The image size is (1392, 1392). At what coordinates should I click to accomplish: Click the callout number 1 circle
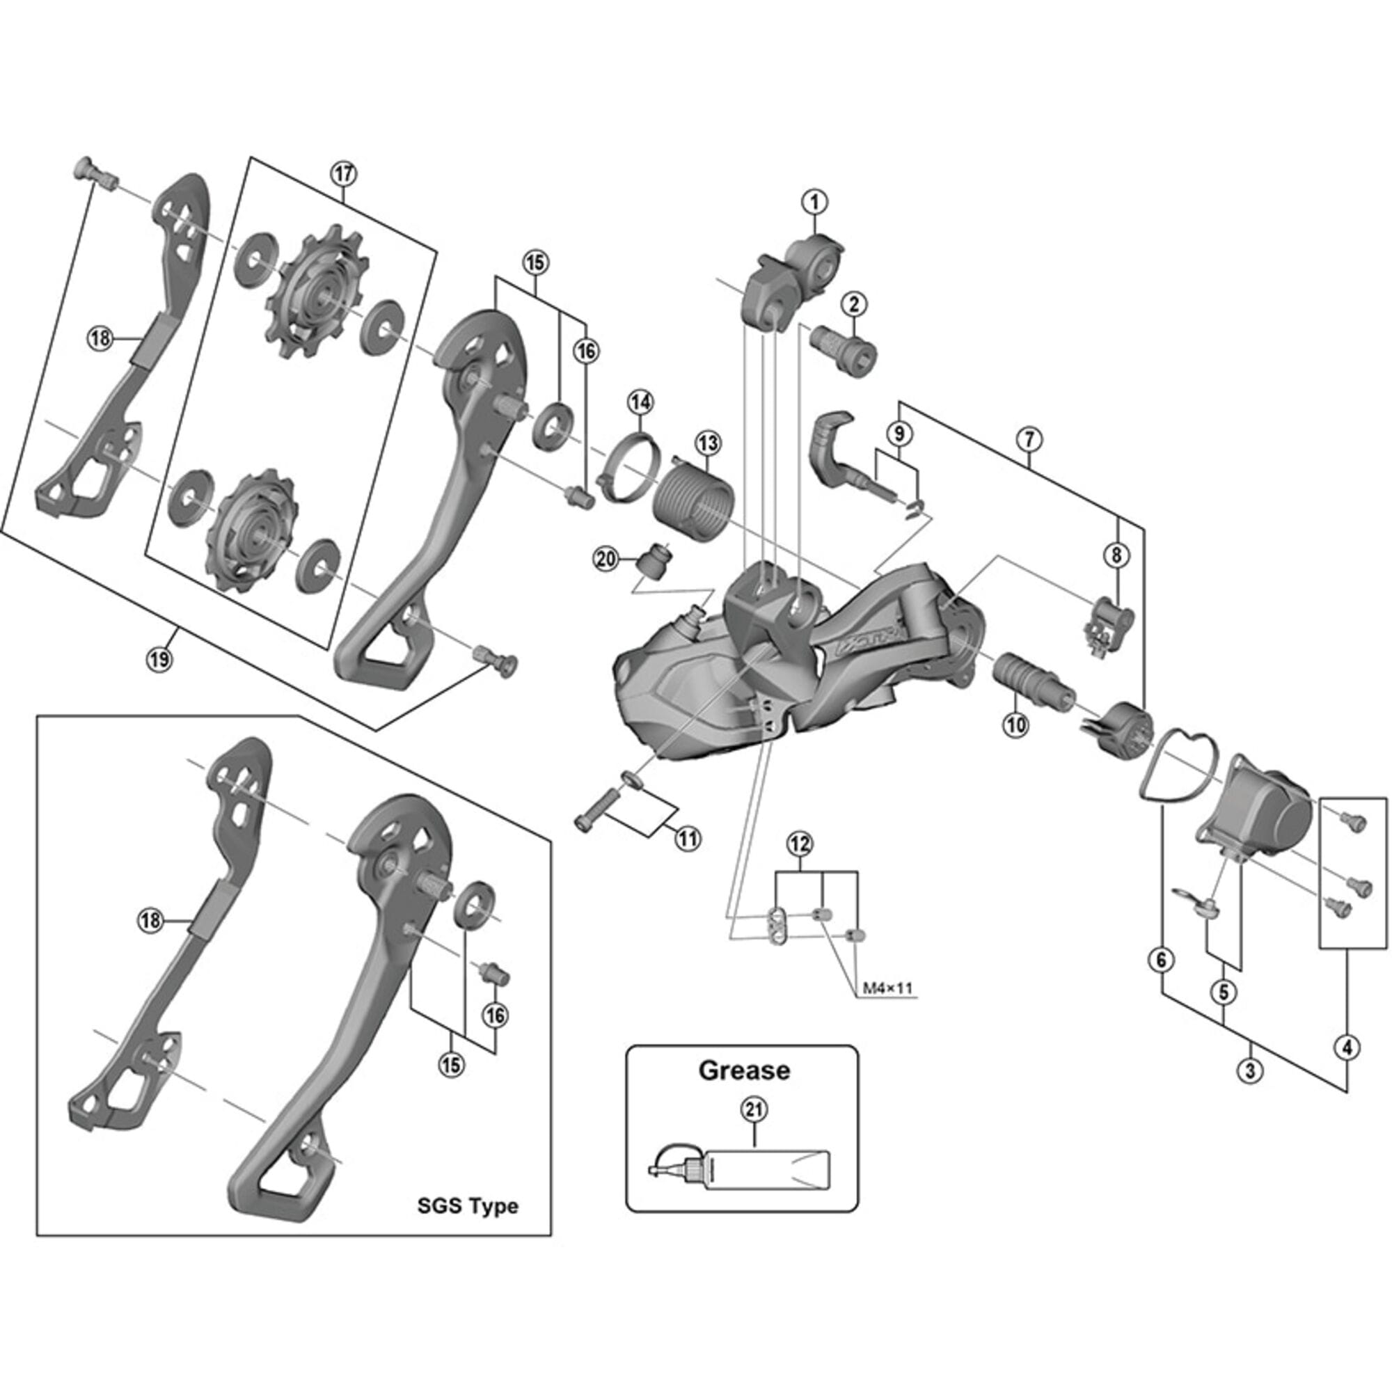pyautogui.click(x=815, y=202)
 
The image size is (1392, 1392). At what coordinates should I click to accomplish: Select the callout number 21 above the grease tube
pyautogui.click(x=754, y=1110)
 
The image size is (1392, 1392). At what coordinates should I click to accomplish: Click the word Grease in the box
pyautogui.click(x=743, y=1070)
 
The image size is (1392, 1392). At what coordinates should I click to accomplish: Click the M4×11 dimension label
pyautogui.click(x=887, y=988)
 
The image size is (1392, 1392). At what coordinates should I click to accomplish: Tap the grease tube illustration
pyautogui.click(x=742, y=1176)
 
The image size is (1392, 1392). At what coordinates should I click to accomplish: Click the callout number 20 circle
pyautogui.click(x=606, y=558)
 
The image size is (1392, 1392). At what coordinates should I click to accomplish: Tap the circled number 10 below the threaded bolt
pyautogui.click(x=1016, y=724)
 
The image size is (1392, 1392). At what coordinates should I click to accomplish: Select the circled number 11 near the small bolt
pyautogui.click(x=688, y=838)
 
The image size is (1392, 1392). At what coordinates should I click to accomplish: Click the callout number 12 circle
pyautogui.click(x=800, y=843)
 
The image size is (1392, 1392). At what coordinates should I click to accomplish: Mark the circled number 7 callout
pyautogui.click(x=1029, y=438)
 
